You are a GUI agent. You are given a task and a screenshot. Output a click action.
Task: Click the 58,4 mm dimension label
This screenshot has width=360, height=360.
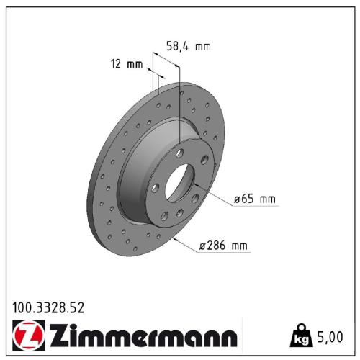[x=189, y=47]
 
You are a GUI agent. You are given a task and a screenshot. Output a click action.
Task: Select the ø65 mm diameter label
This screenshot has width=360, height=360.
[x=255, y=198]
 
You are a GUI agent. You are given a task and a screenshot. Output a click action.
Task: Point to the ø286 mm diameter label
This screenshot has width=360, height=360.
[x=223, y=246]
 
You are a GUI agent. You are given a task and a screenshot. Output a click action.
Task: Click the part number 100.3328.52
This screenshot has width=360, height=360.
[x=48, y=307]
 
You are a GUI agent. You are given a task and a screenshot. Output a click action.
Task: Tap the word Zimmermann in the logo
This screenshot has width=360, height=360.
[x=142, y=336]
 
